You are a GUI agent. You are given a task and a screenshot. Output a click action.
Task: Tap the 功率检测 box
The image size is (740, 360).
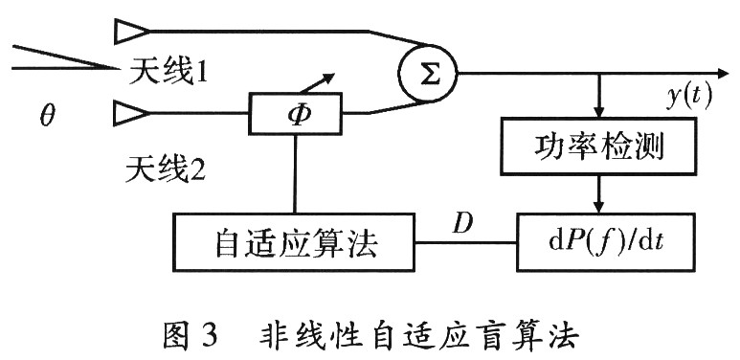click(x=597, y=147)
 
